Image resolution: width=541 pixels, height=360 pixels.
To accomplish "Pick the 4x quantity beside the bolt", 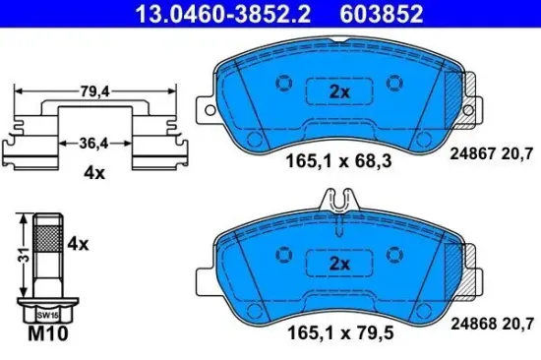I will (77, 242).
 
